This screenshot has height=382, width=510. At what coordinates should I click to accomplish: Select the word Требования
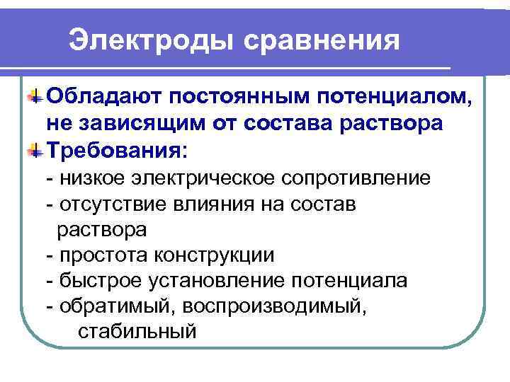click(118, 150)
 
